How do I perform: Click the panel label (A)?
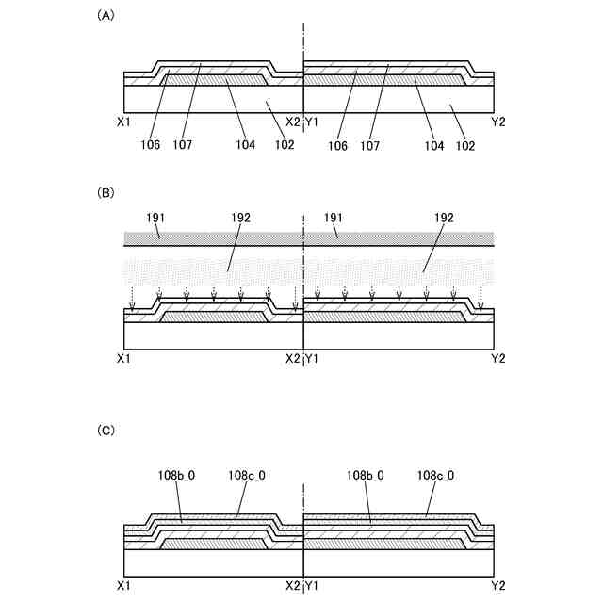(106, 15)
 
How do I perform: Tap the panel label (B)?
(106, 192)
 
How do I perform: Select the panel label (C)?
(106, 430)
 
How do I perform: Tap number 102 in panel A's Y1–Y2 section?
(464, 145)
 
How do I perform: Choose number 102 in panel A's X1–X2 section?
(285, 145)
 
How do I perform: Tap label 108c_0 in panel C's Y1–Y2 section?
(435, 477)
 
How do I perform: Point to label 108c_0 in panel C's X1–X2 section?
(247, 477)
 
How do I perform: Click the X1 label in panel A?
(122, 122)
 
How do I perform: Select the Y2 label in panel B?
(498, 359)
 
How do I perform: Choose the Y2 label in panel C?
(498, 586)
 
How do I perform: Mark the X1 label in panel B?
(122, 359)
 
